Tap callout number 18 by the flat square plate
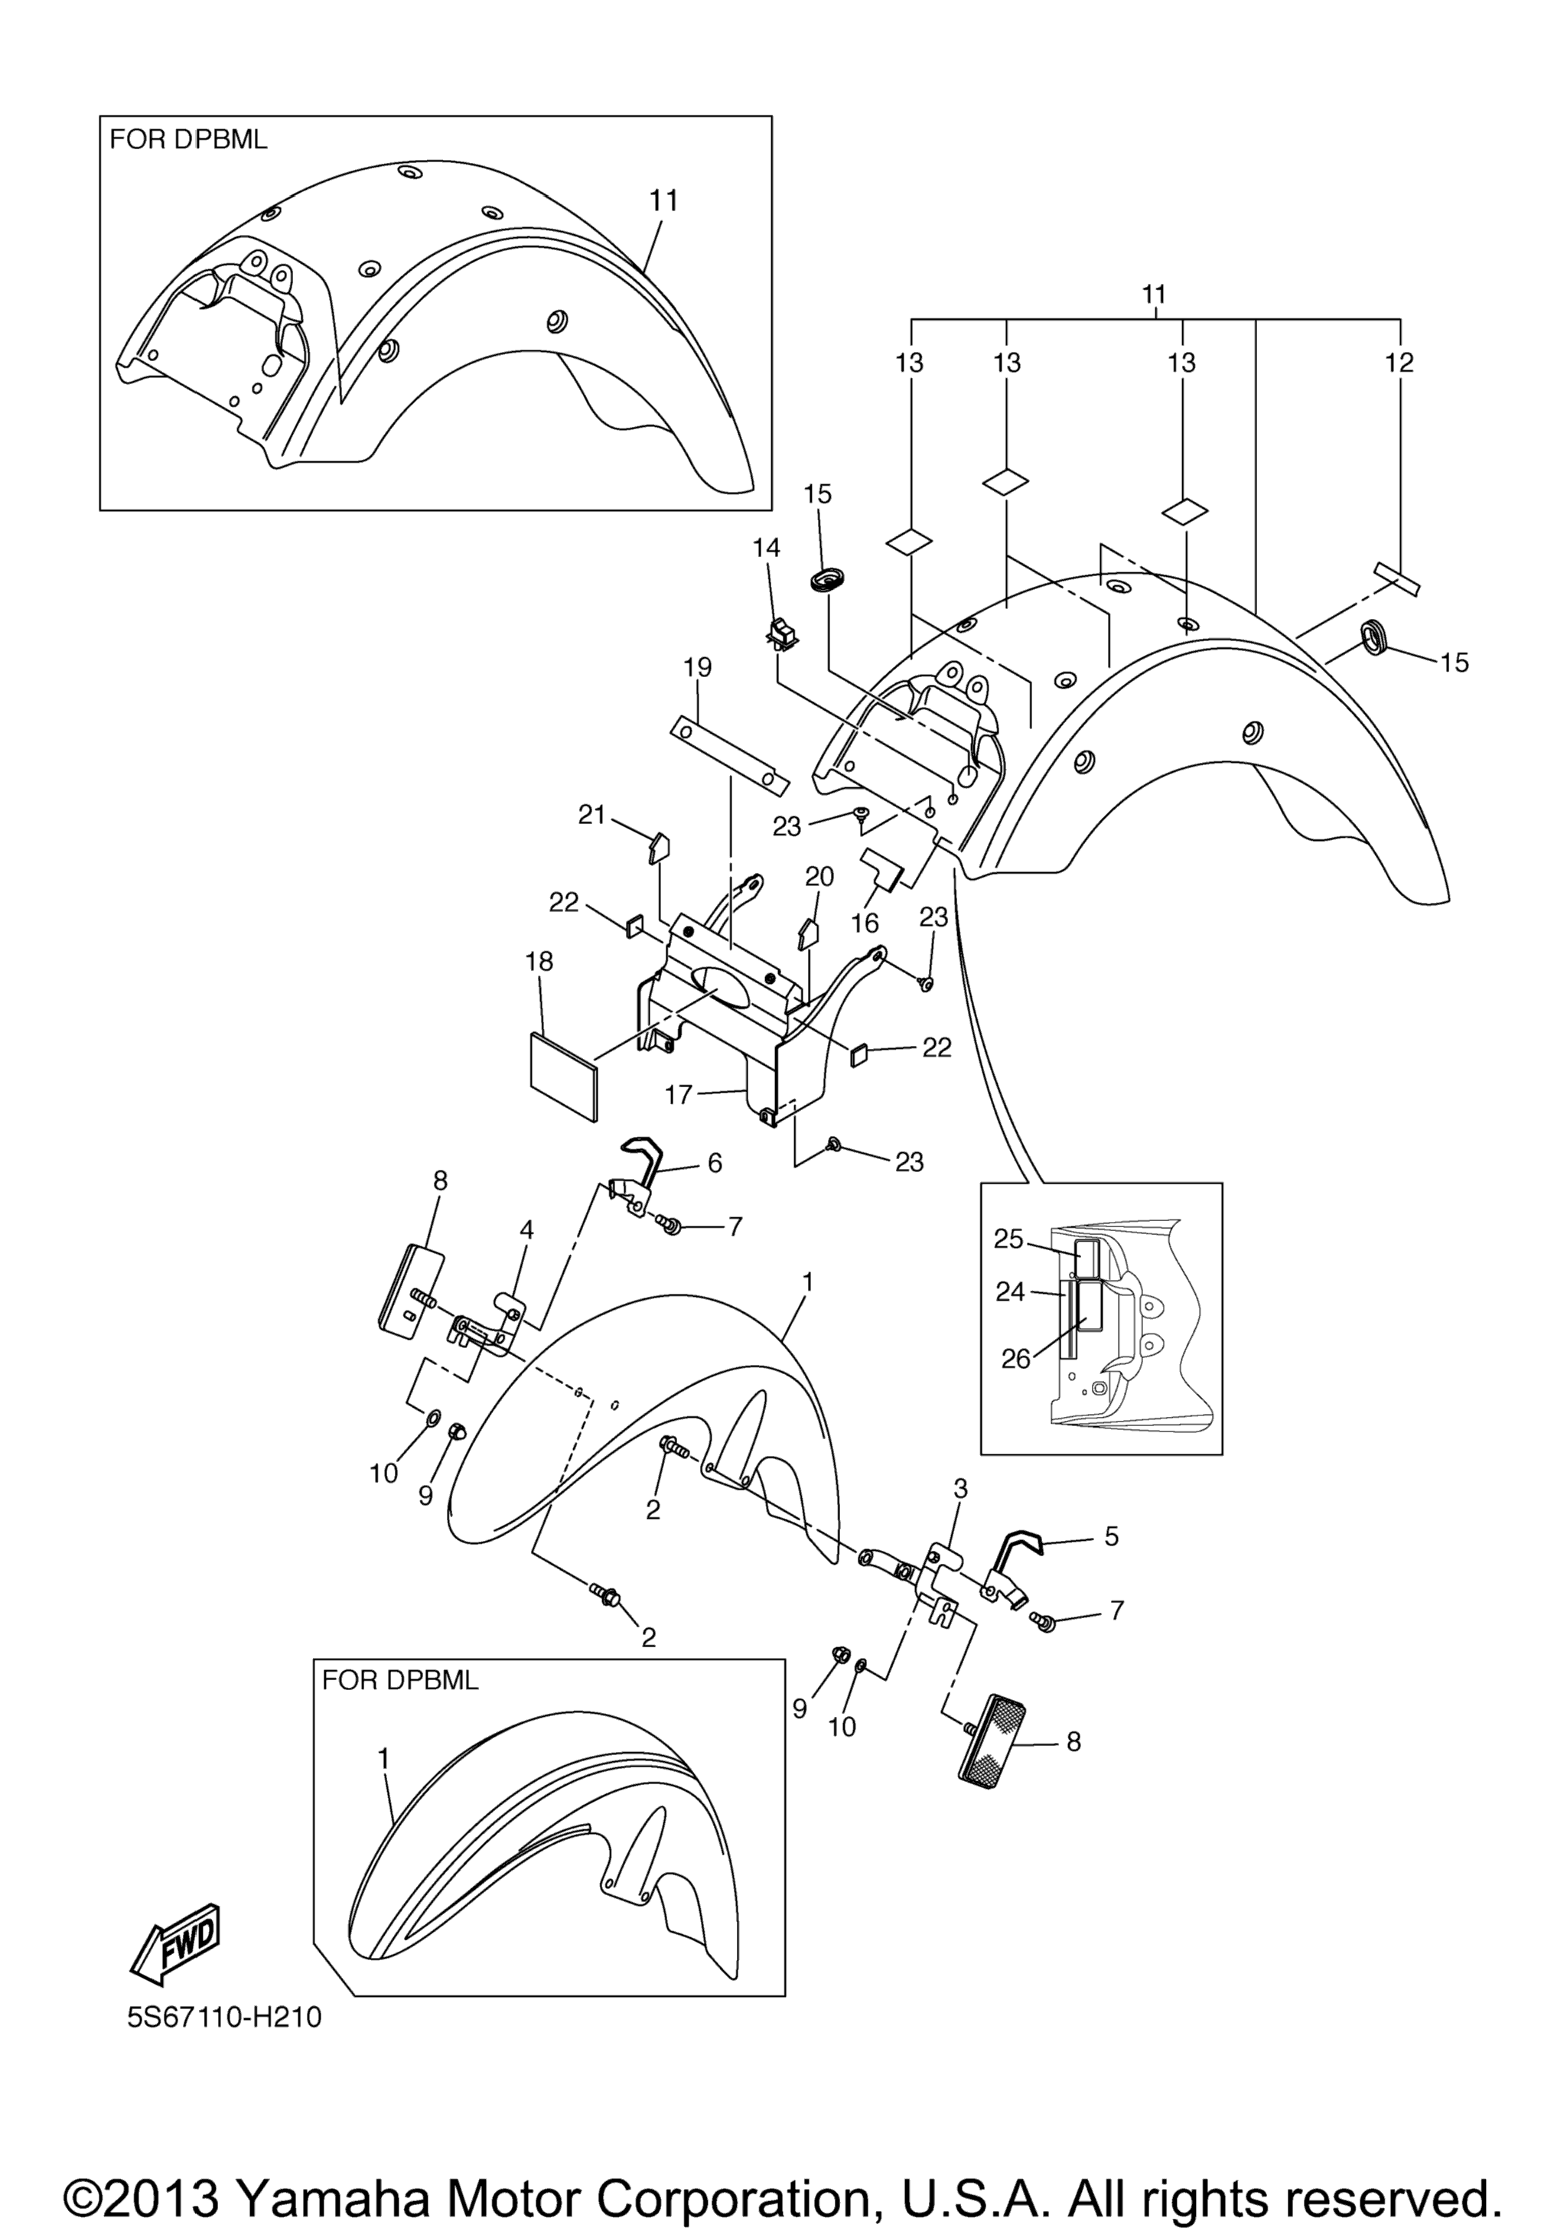[x=539, y=961]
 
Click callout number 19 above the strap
[x=698, y=668]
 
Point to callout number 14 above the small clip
[x=767, y=548]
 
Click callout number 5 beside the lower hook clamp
[x=1112, y=1536]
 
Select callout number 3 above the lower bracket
[x=961, y=1489]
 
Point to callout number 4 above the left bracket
[x=526, y=1230]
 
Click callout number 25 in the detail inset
[x=1009, y=1239]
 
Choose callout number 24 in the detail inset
[x=1010, y=1292]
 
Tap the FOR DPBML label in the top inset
[x=188, y=140]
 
